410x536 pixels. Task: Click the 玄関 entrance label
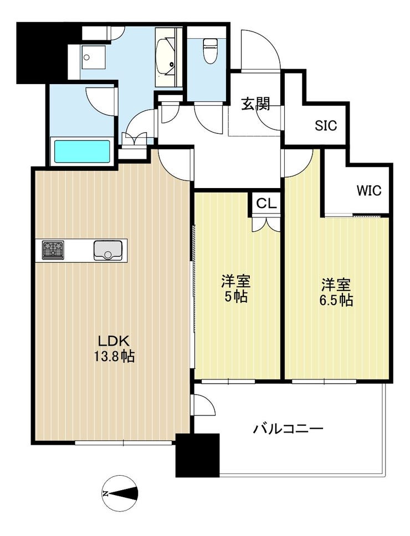pyautogui.click(x=255, y=103)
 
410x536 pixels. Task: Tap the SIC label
pyautogui.click(x=326, y=126)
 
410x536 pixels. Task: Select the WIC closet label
pyautogui.click(x=368, y=190)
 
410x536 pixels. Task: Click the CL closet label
pyautogui.click(x=266, y=204)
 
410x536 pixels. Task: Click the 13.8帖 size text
pyautogui.click(x=114, y=357)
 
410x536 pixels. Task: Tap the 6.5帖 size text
pyautogui.click(x=336, y=300)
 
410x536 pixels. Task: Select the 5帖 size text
pyautogui.click(x=235, y=297)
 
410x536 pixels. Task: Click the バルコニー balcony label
pyautogui.click(x=288, y=428)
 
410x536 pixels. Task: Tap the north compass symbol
pyautogui.click(x=120, y=493)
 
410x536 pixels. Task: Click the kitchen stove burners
pyautogui.click(x=53, y=250)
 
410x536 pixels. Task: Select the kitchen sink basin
pyautogui.click(x=108, y=249)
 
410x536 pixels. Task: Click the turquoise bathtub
pyautogui.click(x=81, y=152)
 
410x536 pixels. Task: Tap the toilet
pyautogui.click(x=208, y=50)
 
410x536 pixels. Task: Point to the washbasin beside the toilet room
pyautogui.click(x=166, y=57)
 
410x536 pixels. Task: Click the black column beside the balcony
pyautogui.click(x=197, y=455)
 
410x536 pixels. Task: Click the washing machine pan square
pyautogui.click(x=93, y=57)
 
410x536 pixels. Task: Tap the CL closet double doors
pyautogui.click(x=266, y=223)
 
